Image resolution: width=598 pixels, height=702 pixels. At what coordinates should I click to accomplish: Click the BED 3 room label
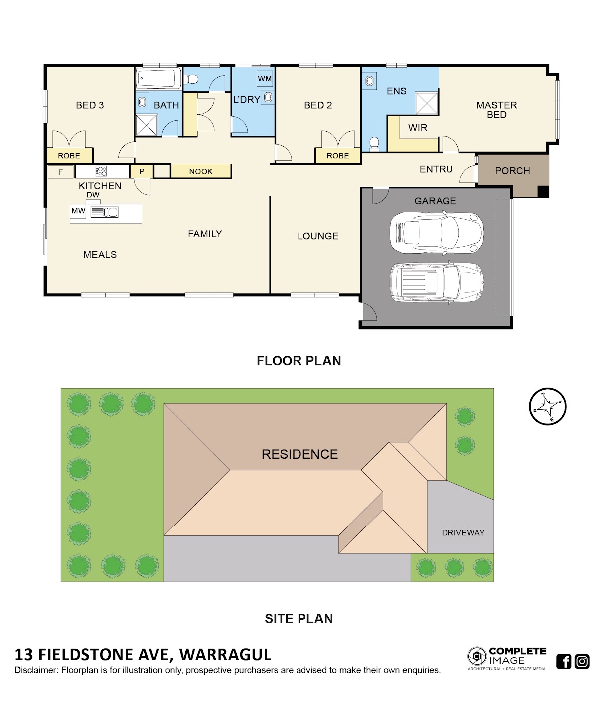(x=90, y=105)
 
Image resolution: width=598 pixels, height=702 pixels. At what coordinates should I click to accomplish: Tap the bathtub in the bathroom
(x=158, y=78)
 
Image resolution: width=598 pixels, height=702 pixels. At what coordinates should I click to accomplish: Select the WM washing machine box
(x=265, y=79)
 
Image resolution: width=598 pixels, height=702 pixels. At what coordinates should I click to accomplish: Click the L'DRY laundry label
(x=247, y=100)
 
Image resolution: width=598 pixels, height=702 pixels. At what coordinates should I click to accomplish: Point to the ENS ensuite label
(x=396, y=91)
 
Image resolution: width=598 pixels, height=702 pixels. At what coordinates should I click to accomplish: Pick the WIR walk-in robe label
(x=418, y=128)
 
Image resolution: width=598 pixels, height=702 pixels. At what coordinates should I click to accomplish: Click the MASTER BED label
(x=496, y=110)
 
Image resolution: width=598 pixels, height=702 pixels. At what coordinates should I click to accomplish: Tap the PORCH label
(x=512, y=171)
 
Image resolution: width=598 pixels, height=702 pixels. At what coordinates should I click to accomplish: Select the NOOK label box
(x=201, y=171)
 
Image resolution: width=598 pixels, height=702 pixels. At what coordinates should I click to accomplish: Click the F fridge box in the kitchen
(x=60, y=172)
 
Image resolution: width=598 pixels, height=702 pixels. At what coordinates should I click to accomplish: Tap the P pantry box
(x=142, y=171)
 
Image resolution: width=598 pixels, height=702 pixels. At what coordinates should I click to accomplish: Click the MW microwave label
(x=78, y=211)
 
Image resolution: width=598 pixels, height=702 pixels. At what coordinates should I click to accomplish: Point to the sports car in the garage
(x=437, y=233)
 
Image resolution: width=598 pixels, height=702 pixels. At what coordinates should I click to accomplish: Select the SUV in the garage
(x=437, y=282)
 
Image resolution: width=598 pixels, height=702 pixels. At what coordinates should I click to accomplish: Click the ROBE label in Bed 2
(x=338, y=156)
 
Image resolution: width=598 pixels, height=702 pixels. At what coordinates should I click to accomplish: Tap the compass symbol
(x=548, y=406)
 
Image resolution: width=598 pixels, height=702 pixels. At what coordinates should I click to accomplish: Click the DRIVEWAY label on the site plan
(x=463, y=533)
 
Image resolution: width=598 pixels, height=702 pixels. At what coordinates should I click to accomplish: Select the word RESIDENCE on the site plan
(x=299, y=454)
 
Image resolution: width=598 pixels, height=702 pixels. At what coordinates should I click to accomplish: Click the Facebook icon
(x=564, y=661)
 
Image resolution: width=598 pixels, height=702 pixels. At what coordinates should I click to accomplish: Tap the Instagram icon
(x=582, y=661)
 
